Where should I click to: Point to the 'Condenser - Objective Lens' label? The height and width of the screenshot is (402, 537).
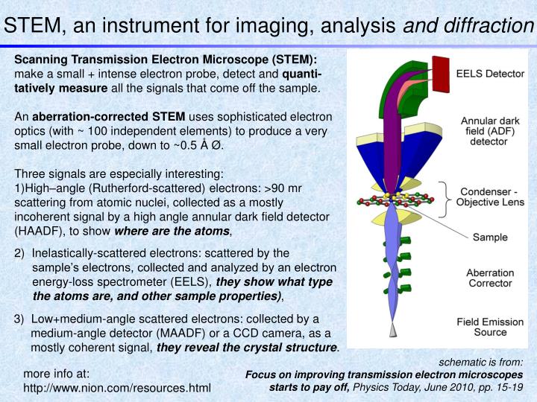point(493,196)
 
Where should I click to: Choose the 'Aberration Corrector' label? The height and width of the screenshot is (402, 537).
point(490,278)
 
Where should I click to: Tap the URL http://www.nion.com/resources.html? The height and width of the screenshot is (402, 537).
point(117,388)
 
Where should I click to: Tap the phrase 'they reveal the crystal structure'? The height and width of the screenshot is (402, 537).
point(247,347)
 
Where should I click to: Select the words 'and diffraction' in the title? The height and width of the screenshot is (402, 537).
point(468,25)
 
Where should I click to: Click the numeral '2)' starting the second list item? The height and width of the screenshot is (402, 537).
point(20,254)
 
